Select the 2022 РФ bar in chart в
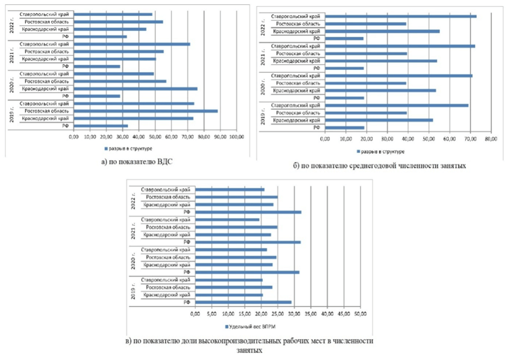click(x=248, y=212)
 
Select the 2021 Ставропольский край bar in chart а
click(x=131, y=44)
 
